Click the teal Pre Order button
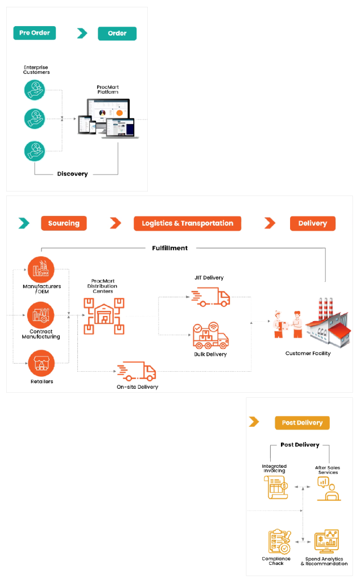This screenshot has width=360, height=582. (34, 33)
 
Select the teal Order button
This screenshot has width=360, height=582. (117, 33)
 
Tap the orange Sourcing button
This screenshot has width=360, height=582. (64, 223)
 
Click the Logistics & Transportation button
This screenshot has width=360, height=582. (187, 223)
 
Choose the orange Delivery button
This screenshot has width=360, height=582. (312, 223)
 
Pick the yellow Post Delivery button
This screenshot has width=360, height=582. (302, 423)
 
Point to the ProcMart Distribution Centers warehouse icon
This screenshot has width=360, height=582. (104, 315)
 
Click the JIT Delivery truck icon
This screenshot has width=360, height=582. (210, 296)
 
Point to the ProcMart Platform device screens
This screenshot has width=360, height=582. (107, 118)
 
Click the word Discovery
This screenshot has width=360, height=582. (73, 174)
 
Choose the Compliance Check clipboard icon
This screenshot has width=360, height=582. (279, 541)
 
